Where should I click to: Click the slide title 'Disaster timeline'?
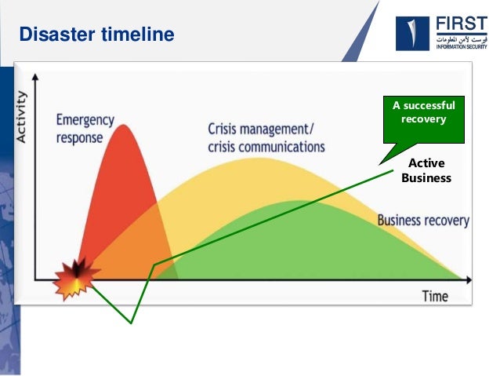(x=96, y=35)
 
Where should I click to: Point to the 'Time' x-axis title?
(x=435, y=296)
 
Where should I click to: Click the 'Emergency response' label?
(x=85, y=129)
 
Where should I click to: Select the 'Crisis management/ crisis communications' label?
(x=266, y=137)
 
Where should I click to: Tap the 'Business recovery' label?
(x=423, y=221)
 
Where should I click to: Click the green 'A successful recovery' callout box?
(x=422, y=112)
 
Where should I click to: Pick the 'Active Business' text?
(x=426, y=170)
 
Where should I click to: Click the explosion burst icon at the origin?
(x=77, y=277)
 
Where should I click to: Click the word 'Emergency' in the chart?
(x=85, y=121)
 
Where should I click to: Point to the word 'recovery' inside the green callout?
(x=423, y=119)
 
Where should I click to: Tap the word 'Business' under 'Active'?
(x=426, y=178)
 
